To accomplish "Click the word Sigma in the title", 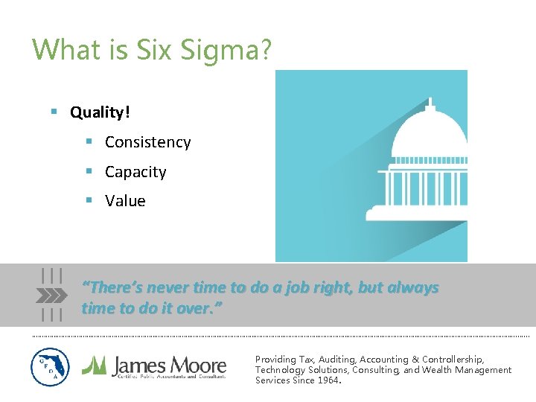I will (233, 50).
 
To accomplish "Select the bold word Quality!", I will (100, 112).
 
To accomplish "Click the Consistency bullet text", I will (147, 142).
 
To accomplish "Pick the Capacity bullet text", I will (135, 172).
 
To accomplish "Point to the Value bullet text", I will (125, 201).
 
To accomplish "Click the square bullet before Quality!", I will (54, 112).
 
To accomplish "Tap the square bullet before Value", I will (89, 201).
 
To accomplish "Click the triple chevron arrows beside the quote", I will (51, 295).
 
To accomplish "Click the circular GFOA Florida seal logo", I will (50, 367).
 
